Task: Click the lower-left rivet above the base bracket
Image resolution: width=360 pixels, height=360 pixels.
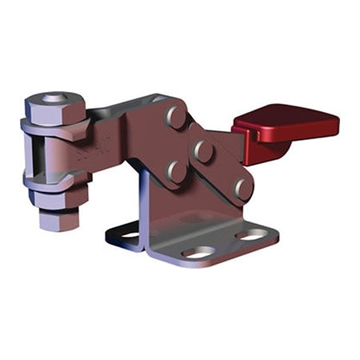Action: [175, 170]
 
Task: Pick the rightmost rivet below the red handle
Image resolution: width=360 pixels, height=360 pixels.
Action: [243, 188]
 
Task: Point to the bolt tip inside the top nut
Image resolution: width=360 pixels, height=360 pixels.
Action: [54, 98]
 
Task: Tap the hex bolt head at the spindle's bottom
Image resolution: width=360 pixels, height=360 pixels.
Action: [60, 218]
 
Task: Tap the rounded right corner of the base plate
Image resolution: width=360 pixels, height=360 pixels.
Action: [275, 237]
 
